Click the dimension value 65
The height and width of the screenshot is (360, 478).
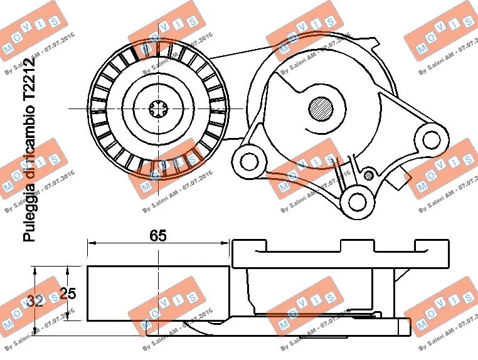coord(157,236)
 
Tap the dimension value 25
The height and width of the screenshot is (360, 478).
coord(67,294)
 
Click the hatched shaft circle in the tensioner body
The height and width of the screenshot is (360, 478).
coord(322,108)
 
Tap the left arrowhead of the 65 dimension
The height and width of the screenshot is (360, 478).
coord(90,243)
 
